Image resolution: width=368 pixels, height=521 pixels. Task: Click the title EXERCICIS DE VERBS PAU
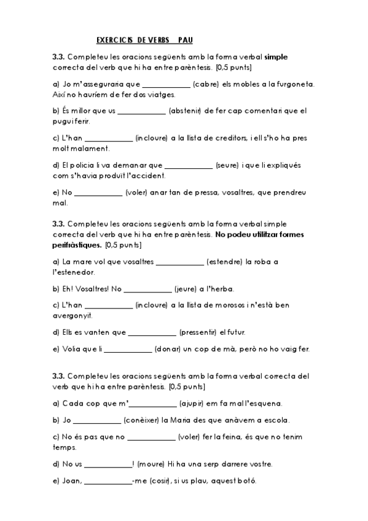(144, 40)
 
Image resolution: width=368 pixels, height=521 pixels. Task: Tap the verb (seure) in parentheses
(227, 165)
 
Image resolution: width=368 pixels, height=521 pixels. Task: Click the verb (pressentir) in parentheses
(197, 332)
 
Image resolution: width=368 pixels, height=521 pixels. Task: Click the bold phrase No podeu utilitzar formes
(260, 235)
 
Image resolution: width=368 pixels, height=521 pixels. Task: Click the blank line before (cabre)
(165, 85)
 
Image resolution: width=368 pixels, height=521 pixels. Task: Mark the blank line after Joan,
(106, 482)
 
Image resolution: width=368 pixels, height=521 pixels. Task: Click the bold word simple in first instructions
(276, 57)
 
